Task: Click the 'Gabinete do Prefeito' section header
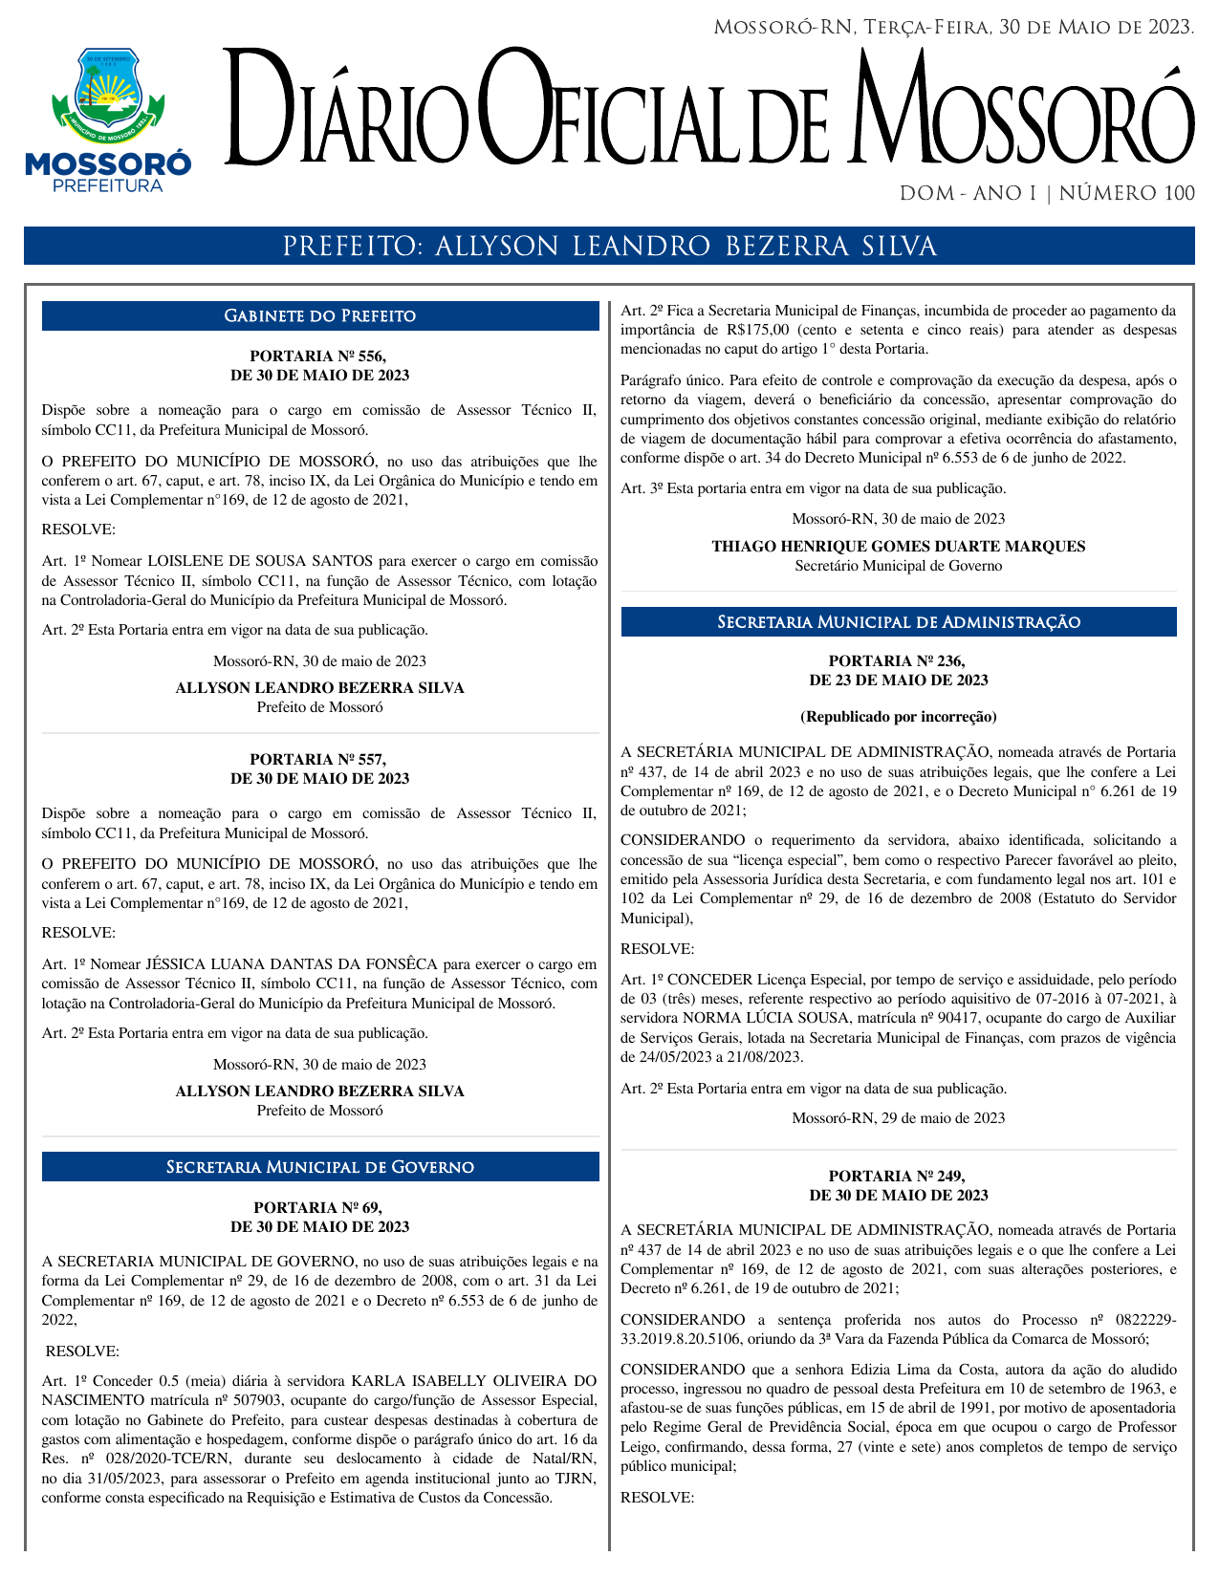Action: tap(320, 315)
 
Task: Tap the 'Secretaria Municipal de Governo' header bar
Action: tap(320, 1167)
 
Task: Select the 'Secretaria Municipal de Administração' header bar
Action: tap(899, 622)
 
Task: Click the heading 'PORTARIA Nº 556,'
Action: tap(319, 356)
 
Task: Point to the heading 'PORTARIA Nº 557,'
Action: tap(319, 759)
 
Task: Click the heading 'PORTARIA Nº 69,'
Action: tap(319, 1207)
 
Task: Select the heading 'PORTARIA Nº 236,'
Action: tap(898, 660)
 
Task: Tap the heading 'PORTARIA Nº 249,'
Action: tap(898, 1176)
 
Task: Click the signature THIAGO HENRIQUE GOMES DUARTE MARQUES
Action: tap(899, 547)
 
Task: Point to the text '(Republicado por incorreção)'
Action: tap(898, 716)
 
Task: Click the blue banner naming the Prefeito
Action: tap(609, 247)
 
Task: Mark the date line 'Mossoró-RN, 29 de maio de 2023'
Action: tap(898, 1118)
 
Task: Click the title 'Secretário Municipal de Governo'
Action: tap(899, 566)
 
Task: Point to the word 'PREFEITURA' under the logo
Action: tap(108, 185)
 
